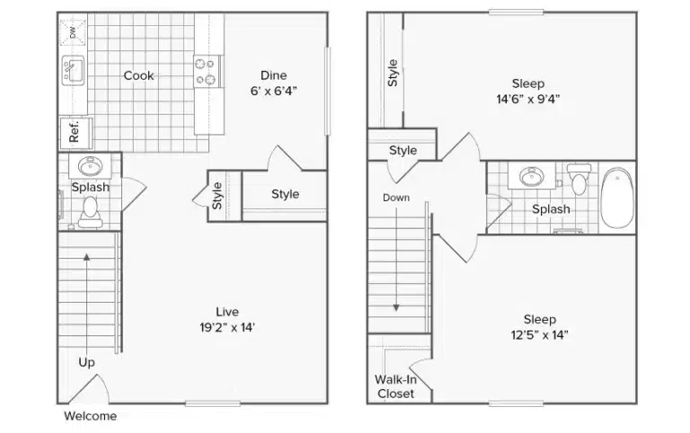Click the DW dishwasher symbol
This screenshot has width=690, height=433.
coord(73,31)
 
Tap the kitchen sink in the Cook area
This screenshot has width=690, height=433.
coord(73,70)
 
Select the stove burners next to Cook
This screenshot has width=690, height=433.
coord(206,72)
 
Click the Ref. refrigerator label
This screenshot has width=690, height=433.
coord(74,130)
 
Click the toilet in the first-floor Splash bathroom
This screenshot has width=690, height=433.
coord(90,212)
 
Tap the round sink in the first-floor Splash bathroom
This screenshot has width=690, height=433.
coord(90,166)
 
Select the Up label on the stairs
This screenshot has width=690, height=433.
coord(86,363)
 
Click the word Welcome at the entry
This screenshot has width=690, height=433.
coord(91,416)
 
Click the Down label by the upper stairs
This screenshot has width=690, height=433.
coord(396,198)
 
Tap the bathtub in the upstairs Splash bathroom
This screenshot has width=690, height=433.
coord(617,198)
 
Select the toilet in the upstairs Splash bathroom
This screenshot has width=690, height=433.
coord(579,179)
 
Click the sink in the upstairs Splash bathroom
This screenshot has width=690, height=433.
coord(532,176)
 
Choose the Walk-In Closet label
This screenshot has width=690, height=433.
coord(395,386)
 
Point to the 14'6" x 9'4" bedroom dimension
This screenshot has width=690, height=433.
coord(528,99)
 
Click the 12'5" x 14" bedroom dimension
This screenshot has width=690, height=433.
coord(539,335)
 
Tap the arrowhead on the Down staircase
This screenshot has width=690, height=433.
coord(396,307)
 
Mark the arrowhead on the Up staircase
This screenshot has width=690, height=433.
coord(86,257)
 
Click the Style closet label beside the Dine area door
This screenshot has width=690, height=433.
coord(285,194)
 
